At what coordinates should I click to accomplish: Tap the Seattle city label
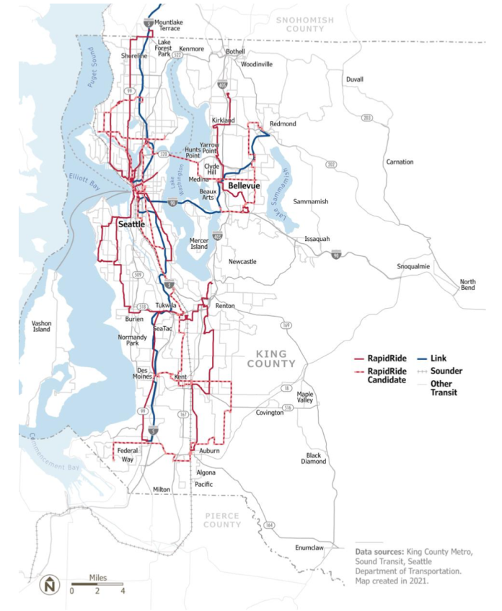pos(131,224)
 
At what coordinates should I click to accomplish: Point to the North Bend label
pos(468,285)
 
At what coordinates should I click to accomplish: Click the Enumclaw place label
pos(309,548)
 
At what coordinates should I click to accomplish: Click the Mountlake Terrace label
pos(169,26)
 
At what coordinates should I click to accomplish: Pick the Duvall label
pos(355,79)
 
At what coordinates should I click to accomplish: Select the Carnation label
pos(400,162)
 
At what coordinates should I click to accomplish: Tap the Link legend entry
pos(439,358)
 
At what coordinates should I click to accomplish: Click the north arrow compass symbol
pos(50,586)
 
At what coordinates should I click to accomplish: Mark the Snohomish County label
pos(305,25)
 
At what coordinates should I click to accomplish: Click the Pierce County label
pos(222,520)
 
